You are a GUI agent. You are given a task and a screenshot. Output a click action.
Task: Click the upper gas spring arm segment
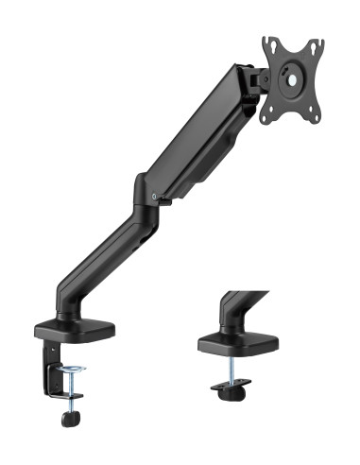[198, 132]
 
